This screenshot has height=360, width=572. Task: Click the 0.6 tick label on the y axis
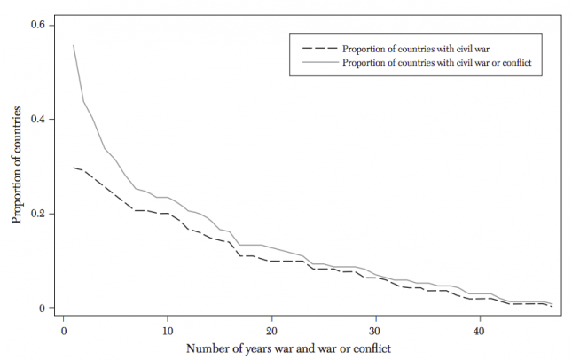pos(38,25)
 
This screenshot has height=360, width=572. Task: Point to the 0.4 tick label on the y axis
pos(38,120)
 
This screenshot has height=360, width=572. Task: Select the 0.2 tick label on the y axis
pos(38,214)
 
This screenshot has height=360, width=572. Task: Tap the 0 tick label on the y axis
pos(42,309)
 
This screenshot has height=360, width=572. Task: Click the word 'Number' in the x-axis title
pos(207,348)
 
